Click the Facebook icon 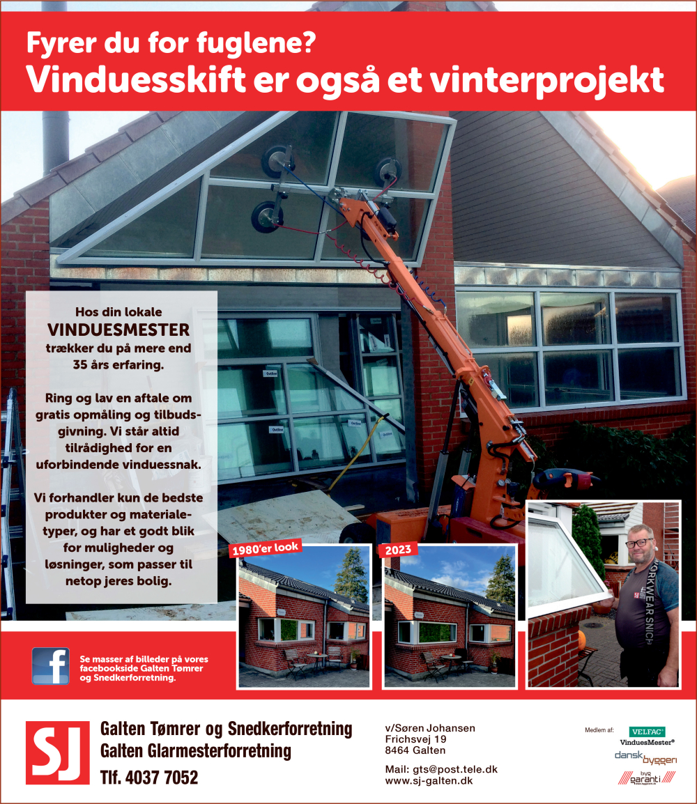(x=50, y=666)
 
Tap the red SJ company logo (x=57, y=752)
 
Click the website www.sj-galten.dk (x=429, y=781)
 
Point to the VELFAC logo (x=647, y=732)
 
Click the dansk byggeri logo (x=645, y=757)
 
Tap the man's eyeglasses (x=639, y=542)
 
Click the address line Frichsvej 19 (x=415, y=739)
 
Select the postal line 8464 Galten (x=415, y=750)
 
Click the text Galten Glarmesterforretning (x=196, y=752)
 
